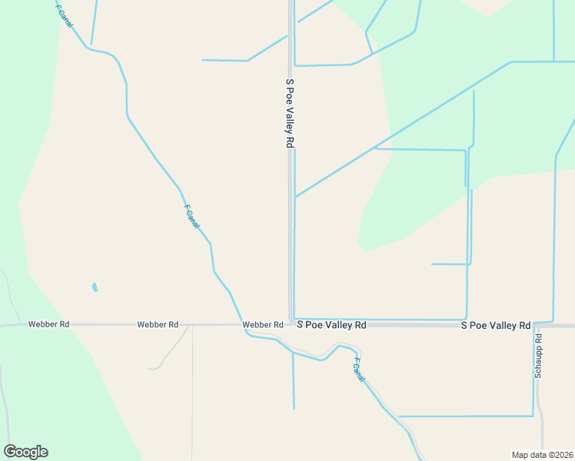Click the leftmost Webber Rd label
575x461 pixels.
[x=48, y=324]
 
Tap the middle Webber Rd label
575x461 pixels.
[x=158, y=324]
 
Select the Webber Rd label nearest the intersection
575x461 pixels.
[x=263, y=325]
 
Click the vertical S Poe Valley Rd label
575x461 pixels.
[x=289, y=112]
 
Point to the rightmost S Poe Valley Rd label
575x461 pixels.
[x=496, y=326]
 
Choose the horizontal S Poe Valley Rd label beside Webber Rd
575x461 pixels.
[x=331, y=325]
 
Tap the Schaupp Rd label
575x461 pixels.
[x=539, y=356]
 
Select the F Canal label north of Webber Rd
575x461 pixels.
[x=191, y=216]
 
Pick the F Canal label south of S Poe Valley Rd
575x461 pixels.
[x=358, y=370]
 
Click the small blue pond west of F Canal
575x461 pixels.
[x=95, y=287]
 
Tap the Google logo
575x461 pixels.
[x=25, y=452]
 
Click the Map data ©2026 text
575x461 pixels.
[x=542, y=454]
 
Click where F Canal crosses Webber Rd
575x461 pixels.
[x=242, y=324]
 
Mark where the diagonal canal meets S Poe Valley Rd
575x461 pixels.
[x=294, y=197]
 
